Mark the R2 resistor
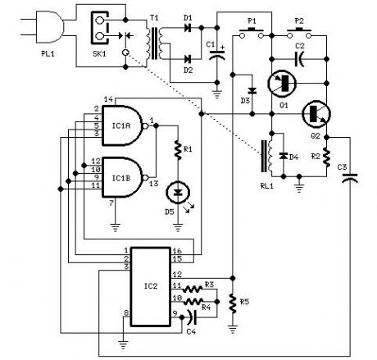[326, 155]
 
